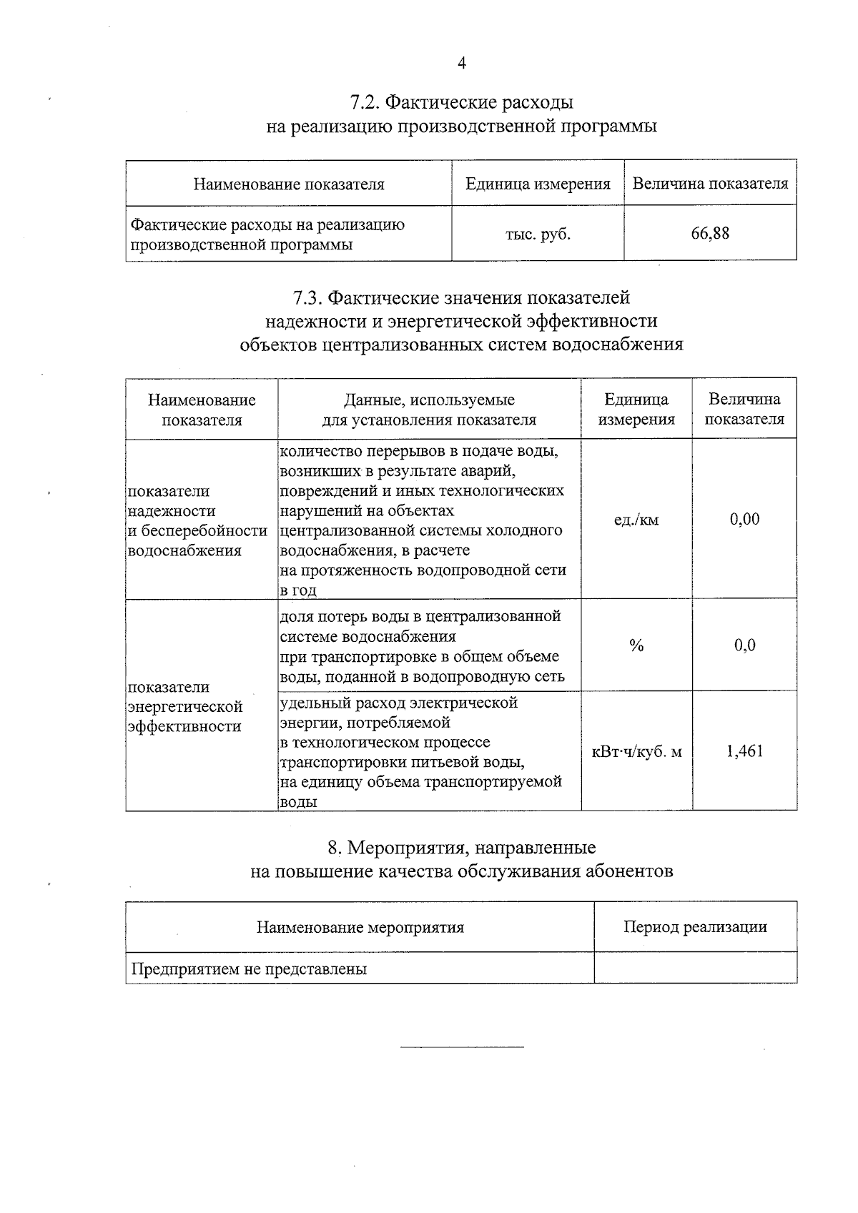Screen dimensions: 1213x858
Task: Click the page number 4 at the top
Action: [x=461, y=64]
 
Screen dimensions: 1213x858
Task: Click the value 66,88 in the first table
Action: [x=709, y=233]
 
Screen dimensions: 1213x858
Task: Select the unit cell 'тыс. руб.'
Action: [x=538, y=234]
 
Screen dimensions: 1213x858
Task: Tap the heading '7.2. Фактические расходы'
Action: [x=461, y=102]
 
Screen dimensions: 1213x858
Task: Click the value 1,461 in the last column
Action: [x=744, y=751]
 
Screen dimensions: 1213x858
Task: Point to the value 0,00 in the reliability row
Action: [x=744, y=519]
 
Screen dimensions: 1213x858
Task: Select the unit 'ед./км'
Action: [x=636, y=520]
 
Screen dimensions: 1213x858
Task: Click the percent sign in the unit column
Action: [x=636, y=645]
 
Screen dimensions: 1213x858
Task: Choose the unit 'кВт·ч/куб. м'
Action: [x=636, y=751]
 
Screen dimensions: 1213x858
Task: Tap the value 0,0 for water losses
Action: [x=744, y=645]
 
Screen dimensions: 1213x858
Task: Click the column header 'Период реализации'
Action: [x=695, y=927]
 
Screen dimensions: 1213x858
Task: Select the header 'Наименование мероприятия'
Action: [x=360, y=928]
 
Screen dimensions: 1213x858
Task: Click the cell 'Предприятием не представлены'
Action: [x=249, y=969]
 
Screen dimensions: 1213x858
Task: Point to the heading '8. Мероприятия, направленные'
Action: [x=461, y=848]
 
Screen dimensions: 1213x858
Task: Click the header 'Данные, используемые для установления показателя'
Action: [x=429, y=410]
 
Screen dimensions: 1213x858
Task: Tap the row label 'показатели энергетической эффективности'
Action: [x=185, y=706]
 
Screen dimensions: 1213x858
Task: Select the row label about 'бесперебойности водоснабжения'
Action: [x=197, y=520]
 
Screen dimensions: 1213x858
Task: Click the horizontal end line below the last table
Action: [x=461, y=1047]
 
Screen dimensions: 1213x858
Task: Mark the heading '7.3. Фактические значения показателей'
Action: [x=461, y=297]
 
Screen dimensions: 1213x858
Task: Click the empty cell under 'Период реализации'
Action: [x=695, y=969]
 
